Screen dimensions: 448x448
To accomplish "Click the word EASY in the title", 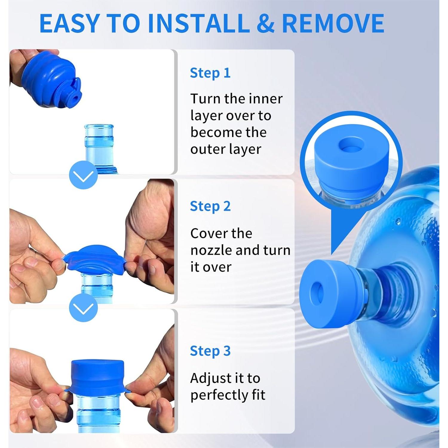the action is [69, 23].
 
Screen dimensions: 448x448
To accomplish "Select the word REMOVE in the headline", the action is [333, 23].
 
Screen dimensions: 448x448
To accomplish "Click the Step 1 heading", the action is [210, 73].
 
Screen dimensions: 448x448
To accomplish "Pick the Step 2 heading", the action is [210, 206].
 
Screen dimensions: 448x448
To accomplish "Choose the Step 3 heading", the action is [210, 351].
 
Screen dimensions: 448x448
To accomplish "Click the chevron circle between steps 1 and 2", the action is [83, 175].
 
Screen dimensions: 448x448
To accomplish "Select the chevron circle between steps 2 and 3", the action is [83, 308].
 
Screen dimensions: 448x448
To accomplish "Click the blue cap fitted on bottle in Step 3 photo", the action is [97, 378].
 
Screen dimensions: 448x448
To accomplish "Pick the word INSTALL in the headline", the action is [199, 23].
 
